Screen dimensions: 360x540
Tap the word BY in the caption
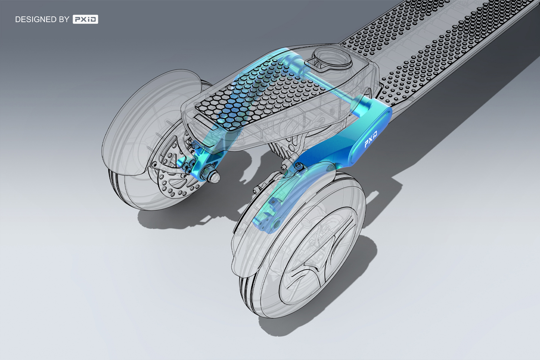tap(64, 19)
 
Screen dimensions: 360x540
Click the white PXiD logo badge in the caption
tap(85, 19)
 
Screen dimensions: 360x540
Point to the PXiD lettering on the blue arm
tap(371, 139)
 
